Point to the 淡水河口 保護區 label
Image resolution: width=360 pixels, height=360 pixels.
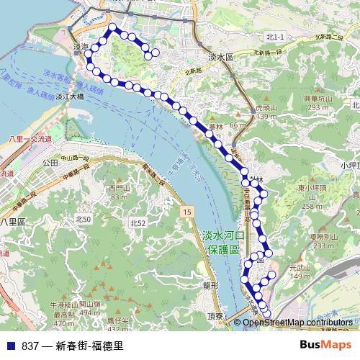(224, 242)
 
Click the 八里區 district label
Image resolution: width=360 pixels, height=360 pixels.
(13, 221)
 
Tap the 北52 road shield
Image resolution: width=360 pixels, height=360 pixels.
(138, 224)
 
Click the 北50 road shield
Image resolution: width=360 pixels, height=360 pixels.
(84, 218)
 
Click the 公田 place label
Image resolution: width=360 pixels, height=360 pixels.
(50, 163)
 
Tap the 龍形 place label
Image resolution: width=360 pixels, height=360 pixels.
(210, 285)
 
